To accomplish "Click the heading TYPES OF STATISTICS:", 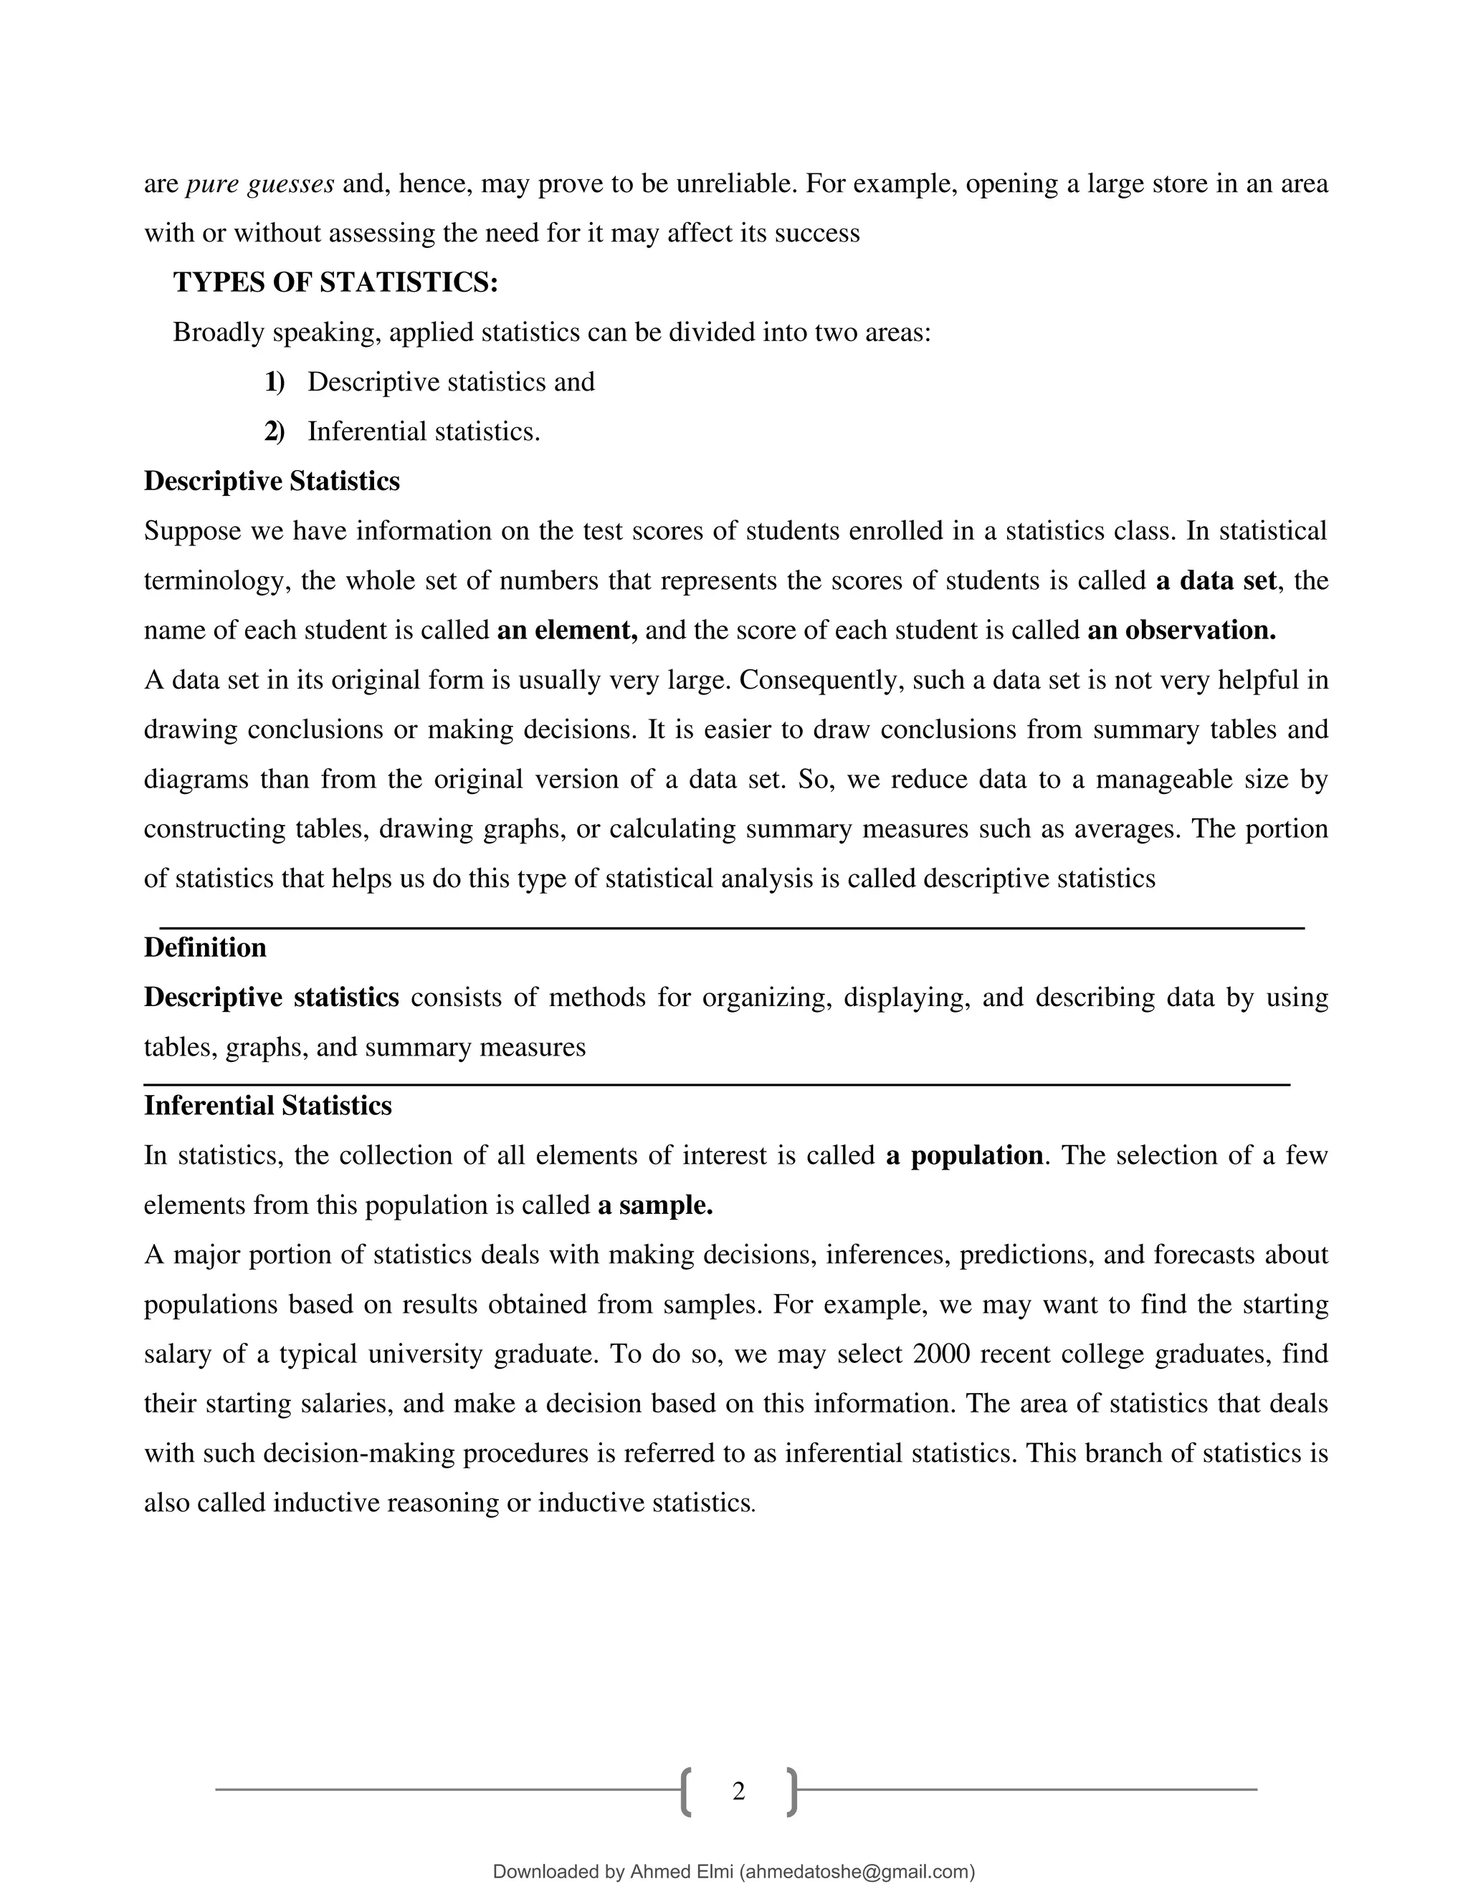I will [335, 282].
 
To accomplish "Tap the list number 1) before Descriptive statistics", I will [275, 383].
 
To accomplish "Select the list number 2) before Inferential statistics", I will [275, 432].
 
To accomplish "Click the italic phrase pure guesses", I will [260, 184].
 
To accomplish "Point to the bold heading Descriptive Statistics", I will [272, 482].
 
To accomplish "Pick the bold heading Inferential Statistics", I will [268, 1106].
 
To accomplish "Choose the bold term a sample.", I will [655, 1205].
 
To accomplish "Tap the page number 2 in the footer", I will [738, 1792].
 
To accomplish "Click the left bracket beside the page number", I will [686, 1792].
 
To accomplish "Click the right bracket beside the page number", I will [791, 1792].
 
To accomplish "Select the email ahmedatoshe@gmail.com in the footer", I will [857, 1872].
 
